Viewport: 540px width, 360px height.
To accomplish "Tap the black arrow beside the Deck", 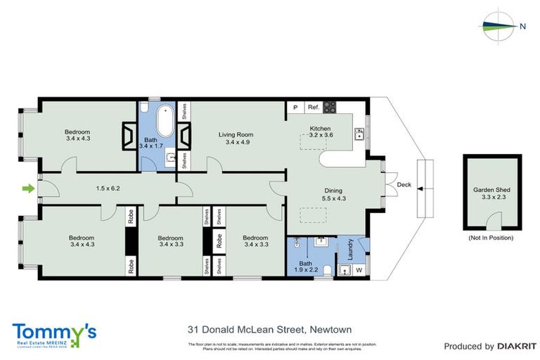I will (420, 188).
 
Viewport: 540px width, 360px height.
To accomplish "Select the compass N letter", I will (522, 27).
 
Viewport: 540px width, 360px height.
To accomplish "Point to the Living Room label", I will (236, 135).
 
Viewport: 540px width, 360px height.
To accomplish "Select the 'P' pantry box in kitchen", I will (295, 108).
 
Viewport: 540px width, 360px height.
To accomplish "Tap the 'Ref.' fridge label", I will (314, 108).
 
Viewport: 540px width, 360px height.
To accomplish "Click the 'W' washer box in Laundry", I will (359, 269).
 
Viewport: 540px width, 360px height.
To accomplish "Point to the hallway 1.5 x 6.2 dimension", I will (108, 188).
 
